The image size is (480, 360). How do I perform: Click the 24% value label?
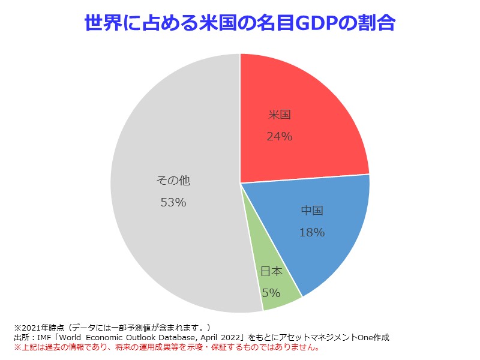pos(279,137)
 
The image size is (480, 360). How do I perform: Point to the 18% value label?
pos(312,232)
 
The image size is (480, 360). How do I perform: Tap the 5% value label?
pos(271,293)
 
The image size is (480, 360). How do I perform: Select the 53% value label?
pos(173,203)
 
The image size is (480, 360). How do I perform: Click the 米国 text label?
pos(279,115)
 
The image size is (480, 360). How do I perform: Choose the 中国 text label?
pos(312,211)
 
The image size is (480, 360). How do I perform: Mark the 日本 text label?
pos(271,271)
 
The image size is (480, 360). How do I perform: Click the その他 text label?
pos(173,180)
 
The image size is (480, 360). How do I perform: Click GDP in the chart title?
pos(304,23)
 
